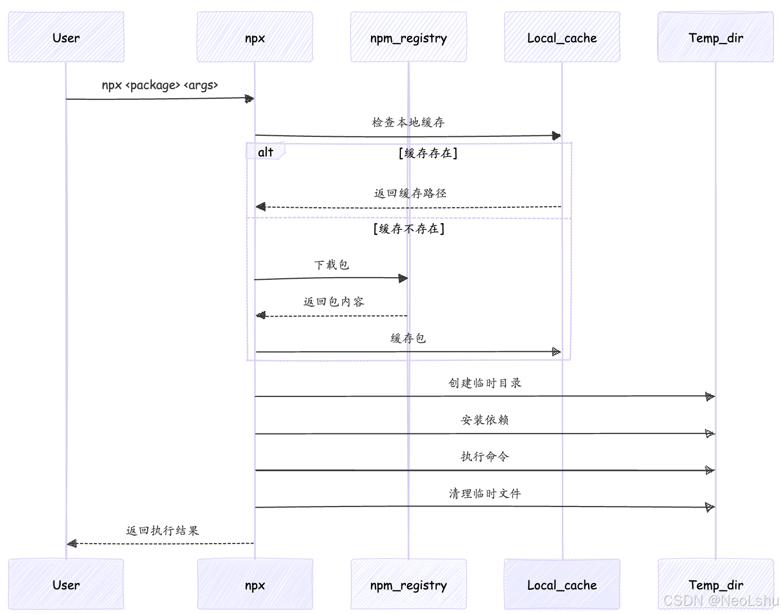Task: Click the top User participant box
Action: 66,38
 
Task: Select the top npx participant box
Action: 255,38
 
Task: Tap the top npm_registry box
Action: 409,38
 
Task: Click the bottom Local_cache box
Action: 562,585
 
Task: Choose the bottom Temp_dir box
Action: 716,585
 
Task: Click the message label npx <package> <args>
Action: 160,85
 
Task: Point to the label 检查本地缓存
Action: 408,122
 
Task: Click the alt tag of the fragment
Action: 265,152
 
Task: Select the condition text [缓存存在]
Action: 428,153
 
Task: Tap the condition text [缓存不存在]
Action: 409,229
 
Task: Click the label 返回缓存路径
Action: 410,193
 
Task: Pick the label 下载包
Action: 331,265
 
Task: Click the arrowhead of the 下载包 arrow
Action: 403,279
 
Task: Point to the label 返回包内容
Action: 333,302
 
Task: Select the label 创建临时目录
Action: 485,383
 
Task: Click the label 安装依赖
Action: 485,420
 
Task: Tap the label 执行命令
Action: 485,457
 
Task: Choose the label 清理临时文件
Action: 485,494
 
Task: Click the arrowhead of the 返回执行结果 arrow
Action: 72,544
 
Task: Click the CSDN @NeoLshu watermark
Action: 721,601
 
